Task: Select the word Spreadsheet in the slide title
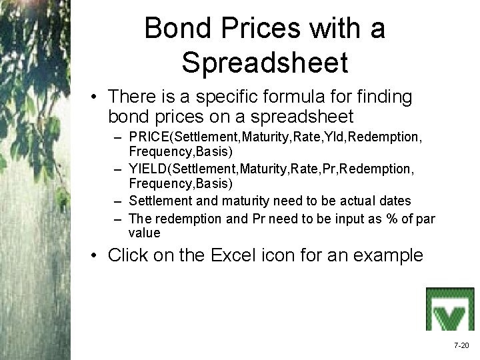click(265, 63)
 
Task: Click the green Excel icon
click(450, 309)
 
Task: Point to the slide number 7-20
click(461, 345)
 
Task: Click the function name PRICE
click(147, 137)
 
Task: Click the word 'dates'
click(396, 201)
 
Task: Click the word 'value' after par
click(145, 233)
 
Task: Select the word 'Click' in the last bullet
click(129, 255)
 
